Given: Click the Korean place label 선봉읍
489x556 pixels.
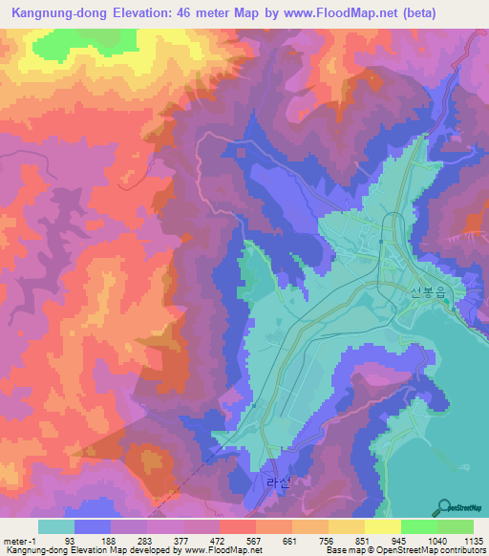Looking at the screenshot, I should coord(427,294).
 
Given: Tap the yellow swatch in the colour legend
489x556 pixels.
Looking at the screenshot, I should coord(382,526).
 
